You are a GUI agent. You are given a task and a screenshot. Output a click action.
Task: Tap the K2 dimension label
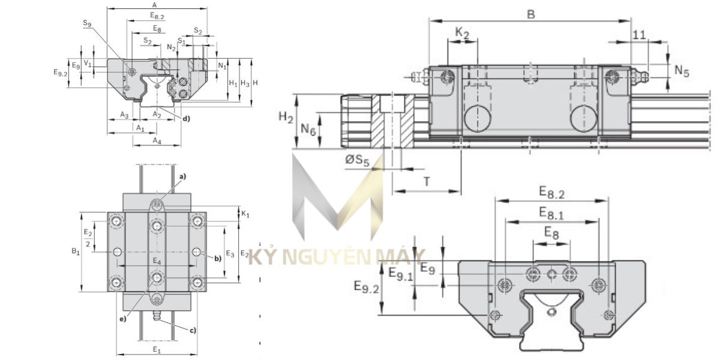(462, 34)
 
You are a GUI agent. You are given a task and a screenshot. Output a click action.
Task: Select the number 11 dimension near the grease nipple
(639, 35)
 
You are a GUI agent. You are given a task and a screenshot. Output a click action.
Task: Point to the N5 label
(682, 70)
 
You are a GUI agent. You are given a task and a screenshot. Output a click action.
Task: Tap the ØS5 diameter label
(358, 161)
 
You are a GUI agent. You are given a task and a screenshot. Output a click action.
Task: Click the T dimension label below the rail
(427, 182)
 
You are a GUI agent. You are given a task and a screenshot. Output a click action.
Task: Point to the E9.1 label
(400, 274)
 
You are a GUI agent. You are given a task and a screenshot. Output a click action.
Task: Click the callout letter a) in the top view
(182, 176)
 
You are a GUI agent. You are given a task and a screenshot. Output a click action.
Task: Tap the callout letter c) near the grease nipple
(192, 330)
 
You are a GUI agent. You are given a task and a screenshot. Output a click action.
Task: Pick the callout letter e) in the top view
(122, 319)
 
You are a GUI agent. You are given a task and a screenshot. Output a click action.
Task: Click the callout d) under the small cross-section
(186, 118)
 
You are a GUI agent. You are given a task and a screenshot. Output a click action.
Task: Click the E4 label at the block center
(157, 261)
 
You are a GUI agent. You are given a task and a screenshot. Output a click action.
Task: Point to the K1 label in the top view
(245, 213)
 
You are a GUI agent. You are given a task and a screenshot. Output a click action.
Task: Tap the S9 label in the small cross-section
(88, 24)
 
